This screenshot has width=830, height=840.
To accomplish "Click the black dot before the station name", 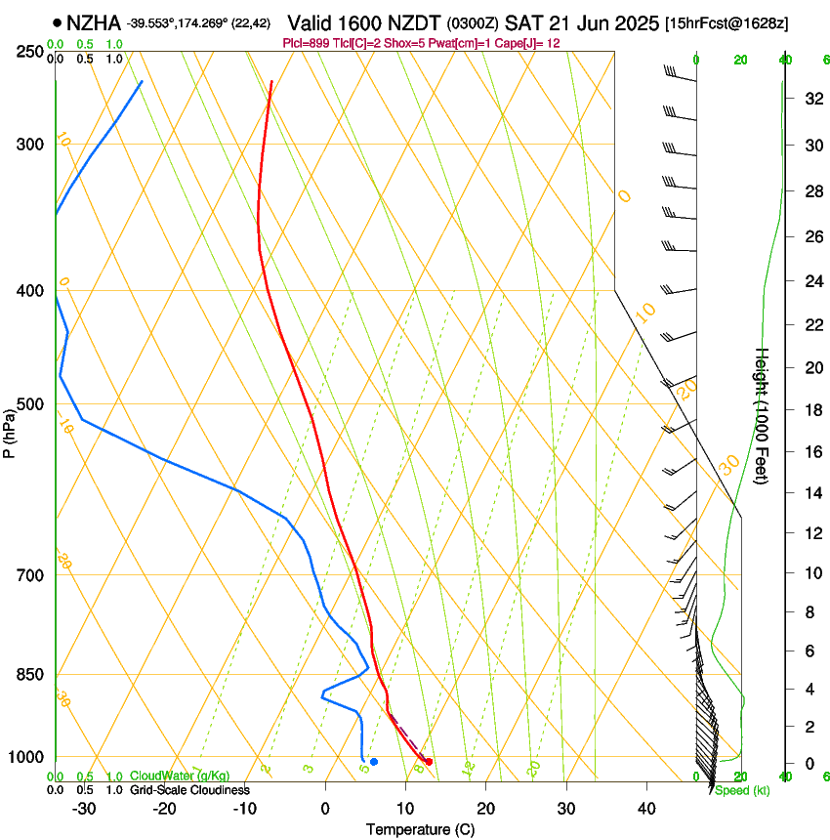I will click(x=58, y=22).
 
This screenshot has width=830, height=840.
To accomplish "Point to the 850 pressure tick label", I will click(x=30, y=675).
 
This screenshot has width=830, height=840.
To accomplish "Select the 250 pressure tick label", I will click(x=30, y=52).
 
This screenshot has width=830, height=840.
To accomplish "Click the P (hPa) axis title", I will click(x=9, y=431).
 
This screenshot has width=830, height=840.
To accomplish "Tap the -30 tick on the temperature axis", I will click(x=84, y=809).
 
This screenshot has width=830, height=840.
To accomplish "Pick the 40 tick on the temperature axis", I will click(x=645, y=809).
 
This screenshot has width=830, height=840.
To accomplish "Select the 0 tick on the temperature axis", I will click(x=325, y=809).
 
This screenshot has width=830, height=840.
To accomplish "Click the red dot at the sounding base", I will click(x=429, y=761).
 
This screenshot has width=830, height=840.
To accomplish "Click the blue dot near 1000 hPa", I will click(x=374, y=761).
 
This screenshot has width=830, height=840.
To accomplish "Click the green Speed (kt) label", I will click(x=742, y=790).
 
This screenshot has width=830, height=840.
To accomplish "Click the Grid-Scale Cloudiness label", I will click(x=189, y=790).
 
